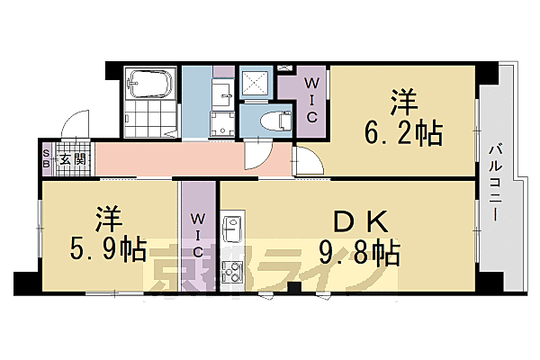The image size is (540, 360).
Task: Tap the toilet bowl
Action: tap(269, 120)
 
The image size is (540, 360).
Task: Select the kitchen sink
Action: tap(231, 229)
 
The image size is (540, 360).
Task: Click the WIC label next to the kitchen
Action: tap(198, 237)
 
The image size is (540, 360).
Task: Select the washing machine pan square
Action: tap(222, 124)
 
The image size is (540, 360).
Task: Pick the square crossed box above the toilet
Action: tap(257, 84)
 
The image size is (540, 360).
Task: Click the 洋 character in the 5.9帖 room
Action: tap(105, 216)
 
